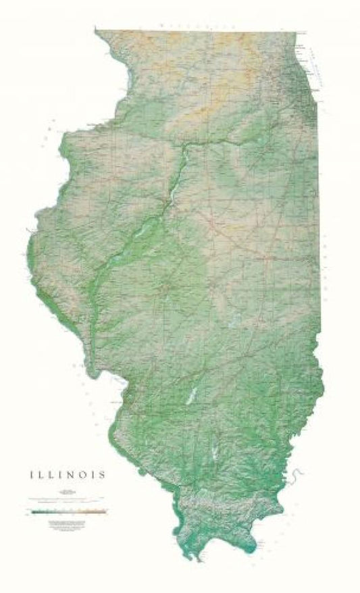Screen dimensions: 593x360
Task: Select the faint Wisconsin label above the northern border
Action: click(x=196, y=25)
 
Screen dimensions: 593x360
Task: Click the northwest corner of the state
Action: click(x=97, y=30)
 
